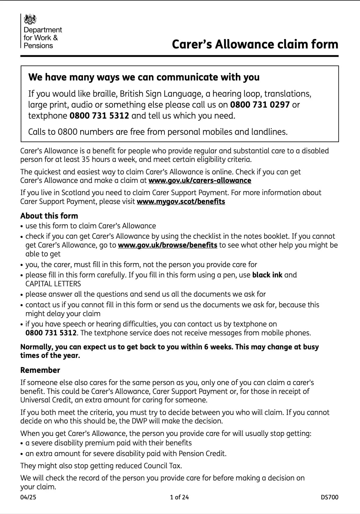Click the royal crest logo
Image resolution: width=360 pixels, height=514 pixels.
30,20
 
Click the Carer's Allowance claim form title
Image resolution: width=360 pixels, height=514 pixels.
255,44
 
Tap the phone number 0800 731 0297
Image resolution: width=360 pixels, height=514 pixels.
260,105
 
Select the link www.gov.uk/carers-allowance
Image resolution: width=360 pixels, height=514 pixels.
200,180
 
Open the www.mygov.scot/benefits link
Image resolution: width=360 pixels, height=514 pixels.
181,202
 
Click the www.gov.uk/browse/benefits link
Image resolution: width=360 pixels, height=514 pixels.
167,245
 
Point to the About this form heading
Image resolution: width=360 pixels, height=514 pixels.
49,216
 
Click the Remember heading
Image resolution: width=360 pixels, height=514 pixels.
40,370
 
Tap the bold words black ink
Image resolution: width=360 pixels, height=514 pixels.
267,275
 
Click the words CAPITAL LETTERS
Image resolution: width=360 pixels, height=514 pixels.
53,284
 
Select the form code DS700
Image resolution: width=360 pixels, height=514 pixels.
329,497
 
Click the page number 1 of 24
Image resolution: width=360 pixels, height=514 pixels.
179,497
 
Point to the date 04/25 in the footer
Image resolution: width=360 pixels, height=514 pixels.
28,497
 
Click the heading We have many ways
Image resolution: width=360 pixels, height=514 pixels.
144,77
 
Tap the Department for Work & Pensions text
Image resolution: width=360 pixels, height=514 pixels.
42,38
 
